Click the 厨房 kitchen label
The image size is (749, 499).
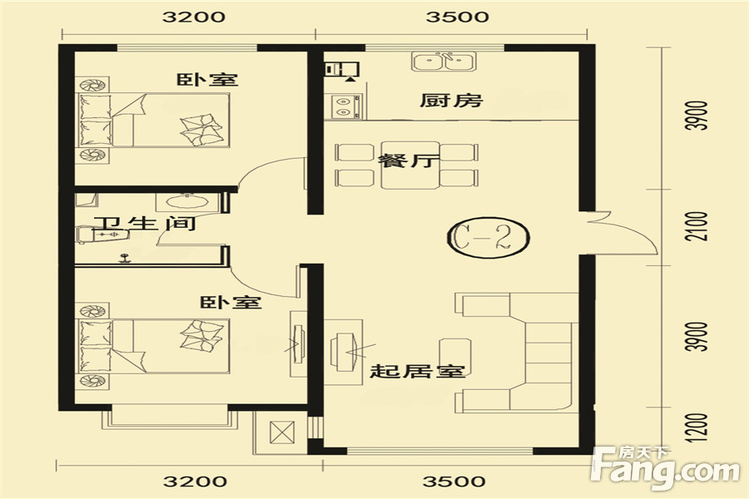pos(451,101)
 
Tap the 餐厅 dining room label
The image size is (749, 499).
pos(408,160)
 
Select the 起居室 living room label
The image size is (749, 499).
pos(418,371)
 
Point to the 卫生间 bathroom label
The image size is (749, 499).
pos(145,223)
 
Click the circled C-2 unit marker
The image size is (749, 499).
pos(489,238)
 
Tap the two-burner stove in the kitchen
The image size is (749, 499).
pos(343,106)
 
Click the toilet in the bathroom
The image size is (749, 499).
pos(102,235)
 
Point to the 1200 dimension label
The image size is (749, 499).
pos(696,427)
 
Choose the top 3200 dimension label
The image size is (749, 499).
pos(193,17)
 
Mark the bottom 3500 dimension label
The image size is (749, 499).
pos(454,481)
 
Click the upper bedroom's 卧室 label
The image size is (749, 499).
pos(207,79)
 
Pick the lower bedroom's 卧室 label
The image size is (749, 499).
pos(231,302)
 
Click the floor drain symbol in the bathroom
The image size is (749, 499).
pos(125,259)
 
